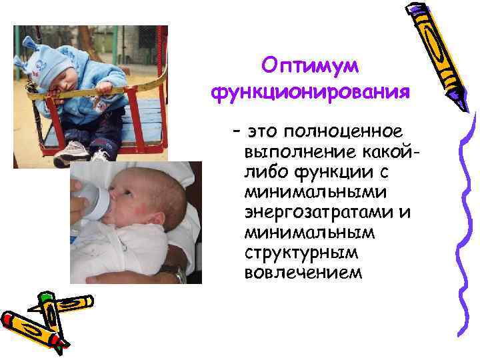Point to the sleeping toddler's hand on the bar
point(103,87)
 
